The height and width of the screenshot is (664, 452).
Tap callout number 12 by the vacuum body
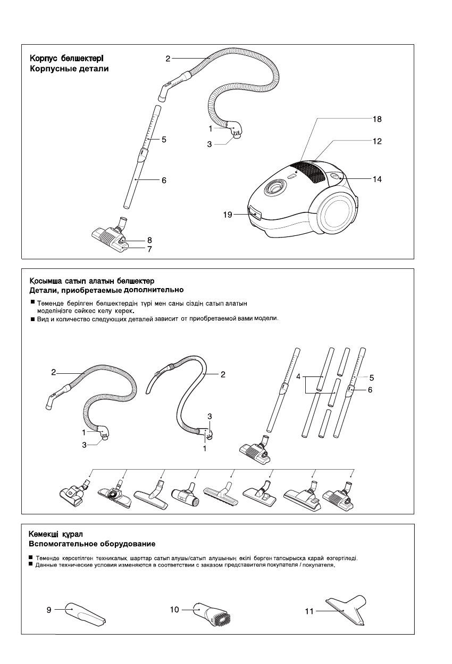(x=377, y=142)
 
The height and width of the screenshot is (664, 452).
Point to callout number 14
(x=377, y=179)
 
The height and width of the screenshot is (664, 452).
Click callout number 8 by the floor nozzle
(x=150, y=240)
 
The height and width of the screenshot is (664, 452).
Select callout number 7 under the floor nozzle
(x=150, y=249)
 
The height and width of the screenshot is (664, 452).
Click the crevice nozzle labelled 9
(x=85, y=614)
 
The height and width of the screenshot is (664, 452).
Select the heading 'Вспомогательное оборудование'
(x=91, y=544)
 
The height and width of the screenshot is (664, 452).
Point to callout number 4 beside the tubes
(x=299, y=376)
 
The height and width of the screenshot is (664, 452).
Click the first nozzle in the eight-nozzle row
(x=73, y=493)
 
